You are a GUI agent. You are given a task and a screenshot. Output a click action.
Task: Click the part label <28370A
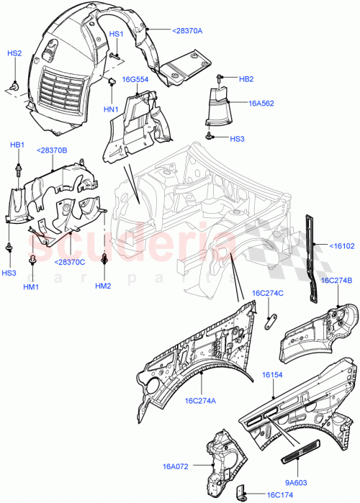(187, 31)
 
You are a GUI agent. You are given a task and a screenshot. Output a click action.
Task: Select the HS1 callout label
(116, 35)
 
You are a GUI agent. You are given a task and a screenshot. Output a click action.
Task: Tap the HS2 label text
(14, 54)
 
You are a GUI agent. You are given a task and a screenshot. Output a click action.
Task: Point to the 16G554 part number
(135, 80)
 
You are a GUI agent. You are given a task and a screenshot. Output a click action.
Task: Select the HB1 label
(17, 145)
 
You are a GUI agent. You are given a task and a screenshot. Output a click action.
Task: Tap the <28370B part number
(52, 150)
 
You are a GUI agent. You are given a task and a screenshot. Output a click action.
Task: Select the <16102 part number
(342, 246)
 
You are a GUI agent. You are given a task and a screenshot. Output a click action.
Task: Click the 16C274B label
(336, 281)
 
